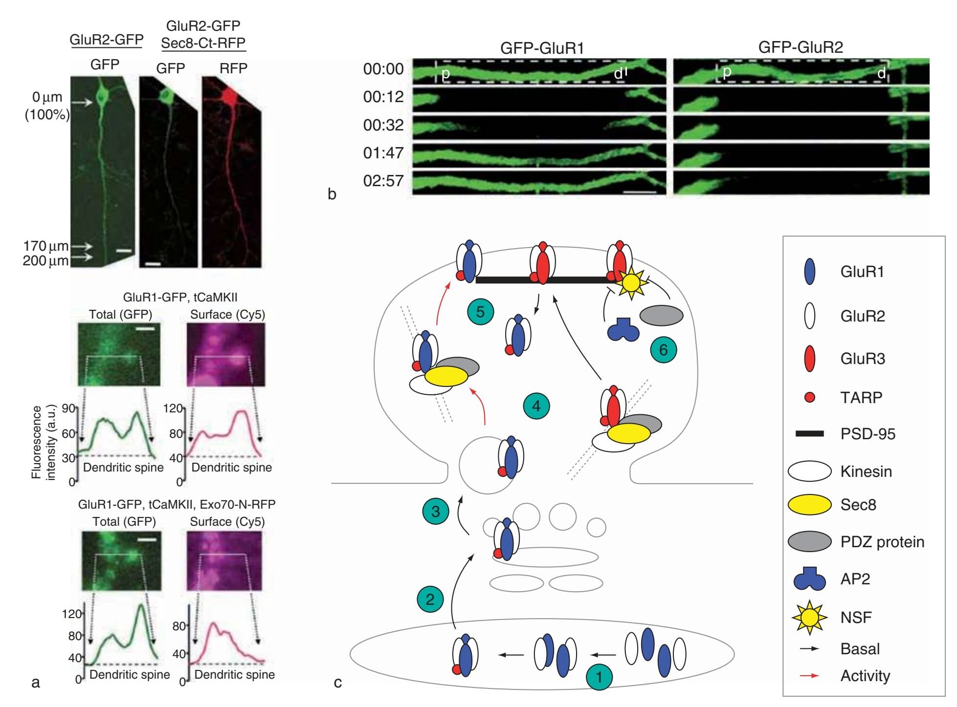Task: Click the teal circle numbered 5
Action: (480, 312)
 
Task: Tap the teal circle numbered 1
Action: (600, 677)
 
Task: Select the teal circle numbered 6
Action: (663, 350)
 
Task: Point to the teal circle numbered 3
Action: (435, 511)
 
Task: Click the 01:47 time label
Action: (383, 153)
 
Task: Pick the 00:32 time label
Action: (383, 125)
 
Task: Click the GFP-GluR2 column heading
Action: (801, 47)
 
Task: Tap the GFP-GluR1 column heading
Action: (542, 48)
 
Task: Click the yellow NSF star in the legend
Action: (809, 617)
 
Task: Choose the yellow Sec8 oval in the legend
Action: (809, 505)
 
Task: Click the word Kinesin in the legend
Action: (866, 471)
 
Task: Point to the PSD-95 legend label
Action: (868, 434)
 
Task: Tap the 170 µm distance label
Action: (45, 246)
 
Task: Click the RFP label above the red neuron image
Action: (233, 68)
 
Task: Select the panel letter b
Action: (332, 194)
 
